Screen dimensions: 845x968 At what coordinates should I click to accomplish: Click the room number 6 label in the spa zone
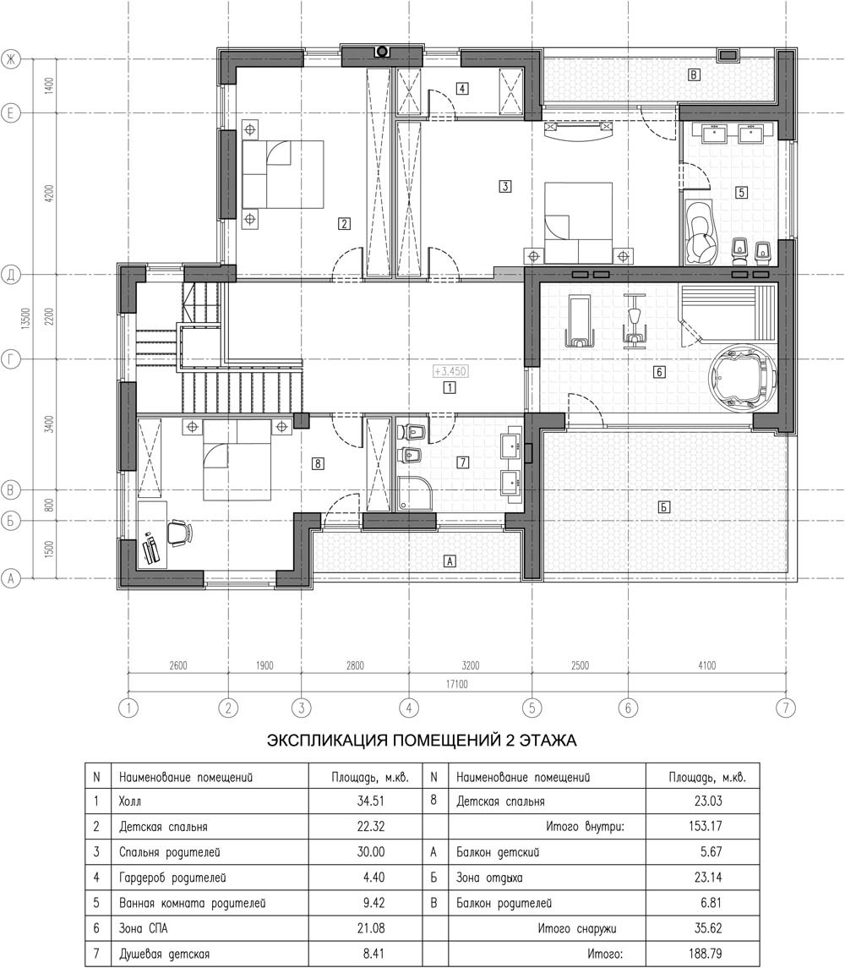pos(659,372)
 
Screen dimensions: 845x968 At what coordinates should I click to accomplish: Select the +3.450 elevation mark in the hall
pos(450,371)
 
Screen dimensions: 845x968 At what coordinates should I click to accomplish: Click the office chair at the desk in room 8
pos(178,532)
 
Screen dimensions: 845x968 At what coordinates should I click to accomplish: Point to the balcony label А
pos(450,561)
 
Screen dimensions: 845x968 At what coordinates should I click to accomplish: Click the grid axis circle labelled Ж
pos(10,59)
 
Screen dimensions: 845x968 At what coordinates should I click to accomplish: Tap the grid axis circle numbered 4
pos(409,708)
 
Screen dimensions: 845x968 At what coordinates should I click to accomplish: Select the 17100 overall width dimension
pos(457,684)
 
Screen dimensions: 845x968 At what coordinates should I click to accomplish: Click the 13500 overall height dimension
pos(25,319)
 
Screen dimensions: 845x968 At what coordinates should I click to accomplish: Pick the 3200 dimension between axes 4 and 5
pos(471,665)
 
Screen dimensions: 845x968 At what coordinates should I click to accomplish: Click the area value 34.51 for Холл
pos(371,801)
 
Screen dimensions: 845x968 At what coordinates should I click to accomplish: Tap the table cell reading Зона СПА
pos(143,928)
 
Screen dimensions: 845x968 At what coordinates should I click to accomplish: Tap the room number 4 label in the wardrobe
pos(462,88)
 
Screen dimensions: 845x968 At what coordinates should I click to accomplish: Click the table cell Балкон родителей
pos(504,903)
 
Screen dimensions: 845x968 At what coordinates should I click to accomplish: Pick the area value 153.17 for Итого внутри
pos(705,826)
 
